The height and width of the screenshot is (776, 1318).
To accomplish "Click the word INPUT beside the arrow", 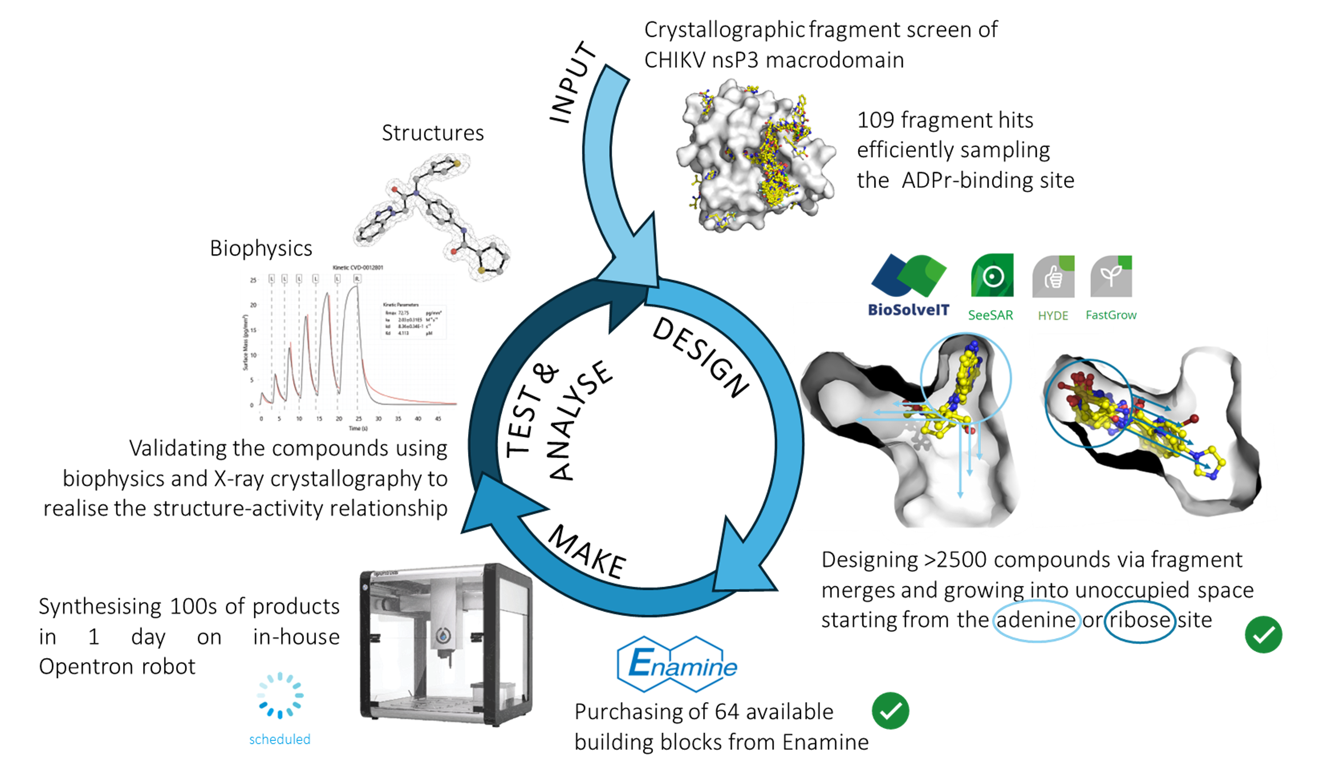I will (572, 83).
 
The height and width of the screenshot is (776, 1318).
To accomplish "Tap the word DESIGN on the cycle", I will (701, 358).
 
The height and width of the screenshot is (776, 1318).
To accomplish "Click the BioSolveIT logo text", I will (908, 310).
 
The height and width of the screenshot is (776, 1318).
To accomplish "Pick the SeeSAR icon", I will (992, 275).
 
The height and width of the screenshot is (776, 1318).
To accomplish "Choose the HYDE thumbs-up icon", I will (1053, 277).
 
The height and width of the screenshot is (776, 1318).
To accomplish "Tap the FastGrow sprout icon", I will (1111, 276).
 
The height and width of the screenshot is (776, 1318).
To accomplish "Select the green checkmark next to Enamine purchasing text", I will (891, 711).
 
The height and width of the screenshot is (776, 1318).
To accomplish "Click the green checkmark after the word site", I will (1264, 635).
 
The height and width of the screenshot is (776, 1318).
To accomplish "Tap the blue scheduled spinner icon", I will (280, 695).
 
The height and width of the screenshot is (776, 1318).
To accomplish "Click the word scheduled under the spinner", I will (280, 740).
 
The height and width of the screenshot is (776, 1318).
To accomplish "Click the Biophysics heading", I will (261, 248).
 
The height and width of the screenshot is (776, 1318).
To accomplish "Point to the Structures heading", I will (433, 133).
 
